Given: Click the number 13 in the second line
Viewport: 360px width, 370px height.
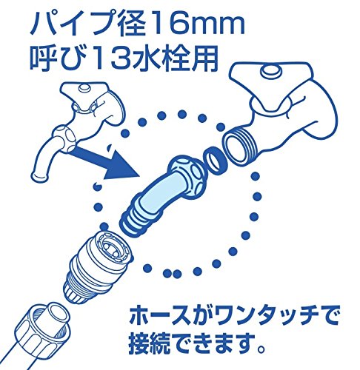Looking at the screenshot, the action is (x=107, y=58).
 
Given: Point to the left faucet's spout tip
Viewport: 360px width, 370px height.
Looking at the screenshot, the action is (x=39, y=177).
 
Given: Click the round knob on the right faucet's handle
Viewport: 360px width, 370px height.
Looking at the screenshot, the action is (x=271, y=71).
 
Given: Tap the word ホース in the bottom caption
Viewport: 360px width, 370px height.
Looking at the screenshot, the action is (x=159, y=316).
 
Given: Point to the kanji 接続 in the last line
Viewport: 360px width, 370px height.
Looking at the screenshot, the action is (x=150, y=343).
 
